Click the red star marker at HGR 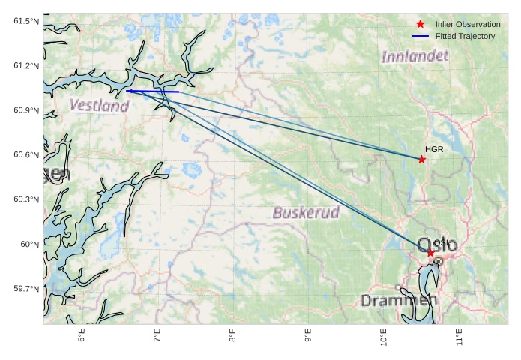[x=422, y=159]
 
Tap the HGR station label [x=434, y=149]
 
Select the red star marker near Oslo [x=430, y=253]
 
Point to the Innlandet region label [x=415, y=56]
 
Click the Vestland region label [x=99, y=106]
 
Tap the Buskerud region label [x=306, y=212]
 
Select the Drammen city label [x=399, y=300]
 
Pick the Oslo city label [x=436, y=244]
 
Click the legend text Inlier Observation [x=467, y=25]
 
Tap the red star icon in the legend [x=421, y=25]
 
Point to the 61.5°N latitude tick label [x=26, y=21]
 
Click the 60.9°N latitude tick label [x=26, y=110]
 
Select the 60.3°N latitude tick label [x=26, y=199]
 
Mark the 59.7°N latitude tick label [x=26, y=289]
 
